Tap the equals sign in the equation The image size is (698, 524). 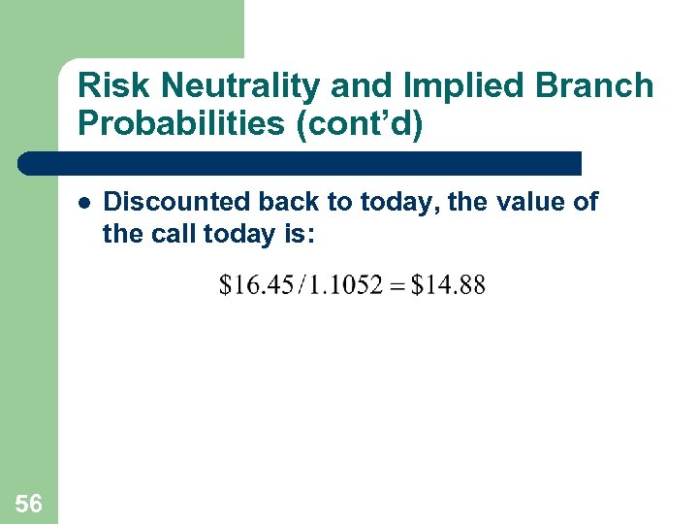(396, 286)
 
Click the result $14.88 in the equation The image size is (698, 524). (448, 285)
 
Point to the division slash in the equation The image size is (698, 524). (301, 285)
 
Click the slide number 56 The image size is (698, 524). (29, 503)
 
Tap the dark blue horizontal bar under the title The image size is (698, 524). (301, 163)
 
